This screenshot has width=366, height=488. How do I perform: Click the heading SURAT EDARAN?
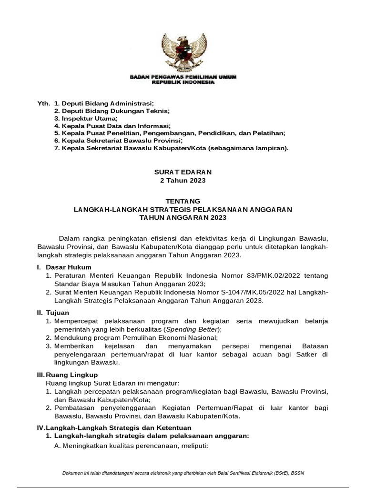coord(183,172)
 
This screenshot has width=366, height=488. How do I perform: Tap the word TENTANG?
coord(183,201)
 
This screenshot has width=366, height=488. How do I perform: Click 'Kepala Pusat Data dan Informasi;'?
coord(112,126)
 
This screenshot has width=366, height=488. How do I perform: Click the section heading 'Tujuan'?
coord(58,313)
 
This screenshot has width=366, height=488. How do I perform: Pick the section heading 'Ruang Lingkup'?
coord(71,375)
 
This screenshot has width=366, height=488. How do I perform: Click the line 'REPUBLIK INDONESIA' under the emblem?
coord(183,81)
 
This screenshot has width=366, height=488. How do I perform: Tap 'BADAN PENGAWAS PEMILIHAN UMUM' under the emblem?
coord(183,77)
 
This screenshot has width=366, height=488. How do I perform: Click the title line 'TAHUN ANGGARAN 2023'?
coord(183,217)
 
